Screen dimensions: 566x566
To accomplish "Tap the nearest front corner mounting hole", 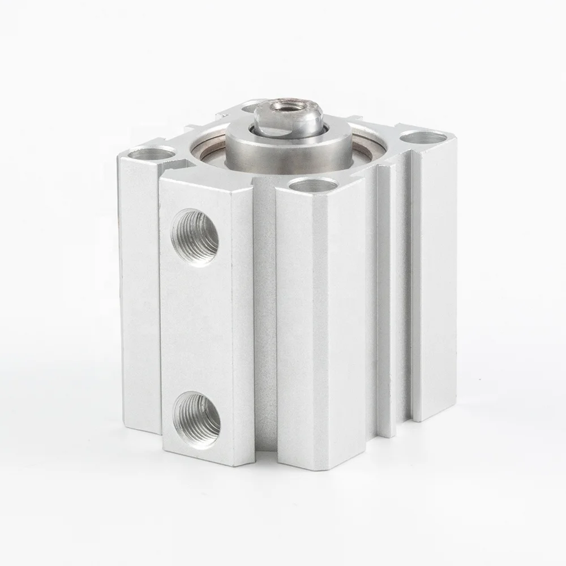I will tap(312, 185).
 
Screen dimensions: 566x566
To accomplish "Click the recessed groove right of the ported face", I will tap(264, 317).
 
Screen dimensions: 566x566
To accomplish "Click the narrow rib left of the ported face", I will tap(139, 294).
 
